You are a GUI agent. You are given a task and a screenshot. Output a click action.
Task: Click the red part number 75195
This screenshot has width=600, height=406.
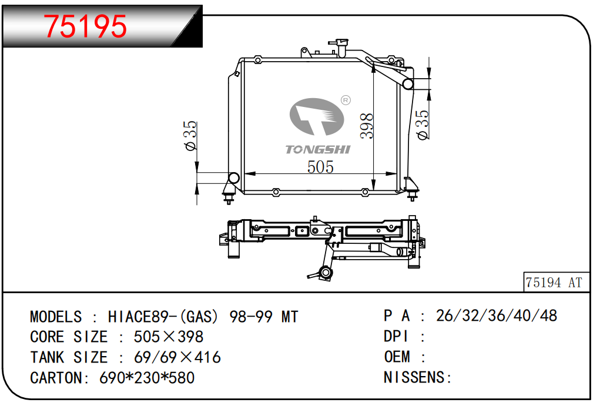[85, 26]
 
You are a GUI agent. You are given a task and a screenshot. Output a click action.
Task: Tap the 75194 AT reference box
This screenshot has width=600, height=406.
[556, 283]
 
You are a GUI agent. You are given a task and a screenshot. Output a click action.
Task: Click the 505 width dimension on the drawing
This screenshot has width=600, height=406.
[320, 167]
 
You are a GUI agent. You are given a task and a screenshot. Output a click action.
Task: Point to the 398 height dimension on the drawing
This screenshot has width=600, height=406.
[366, 126]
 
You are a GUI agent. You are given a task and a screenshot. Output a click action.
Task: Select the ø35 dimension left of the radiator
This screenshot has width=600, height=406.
[190, 136]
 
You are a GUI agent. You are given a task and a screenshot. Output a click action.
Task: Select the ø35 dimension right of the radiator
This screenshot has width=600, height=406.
[423, 125]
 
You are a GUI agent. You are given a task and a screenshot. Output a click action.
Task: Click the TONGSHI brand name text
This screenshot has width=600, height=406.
[317, 149]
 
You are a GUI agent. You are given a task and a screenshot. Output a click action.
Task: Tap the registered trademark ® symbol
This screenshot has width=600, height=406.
[346, 100]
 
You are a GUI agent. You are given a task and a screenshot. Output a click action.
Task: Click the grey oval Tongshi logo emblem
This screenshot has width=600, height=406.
[316, 117]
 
